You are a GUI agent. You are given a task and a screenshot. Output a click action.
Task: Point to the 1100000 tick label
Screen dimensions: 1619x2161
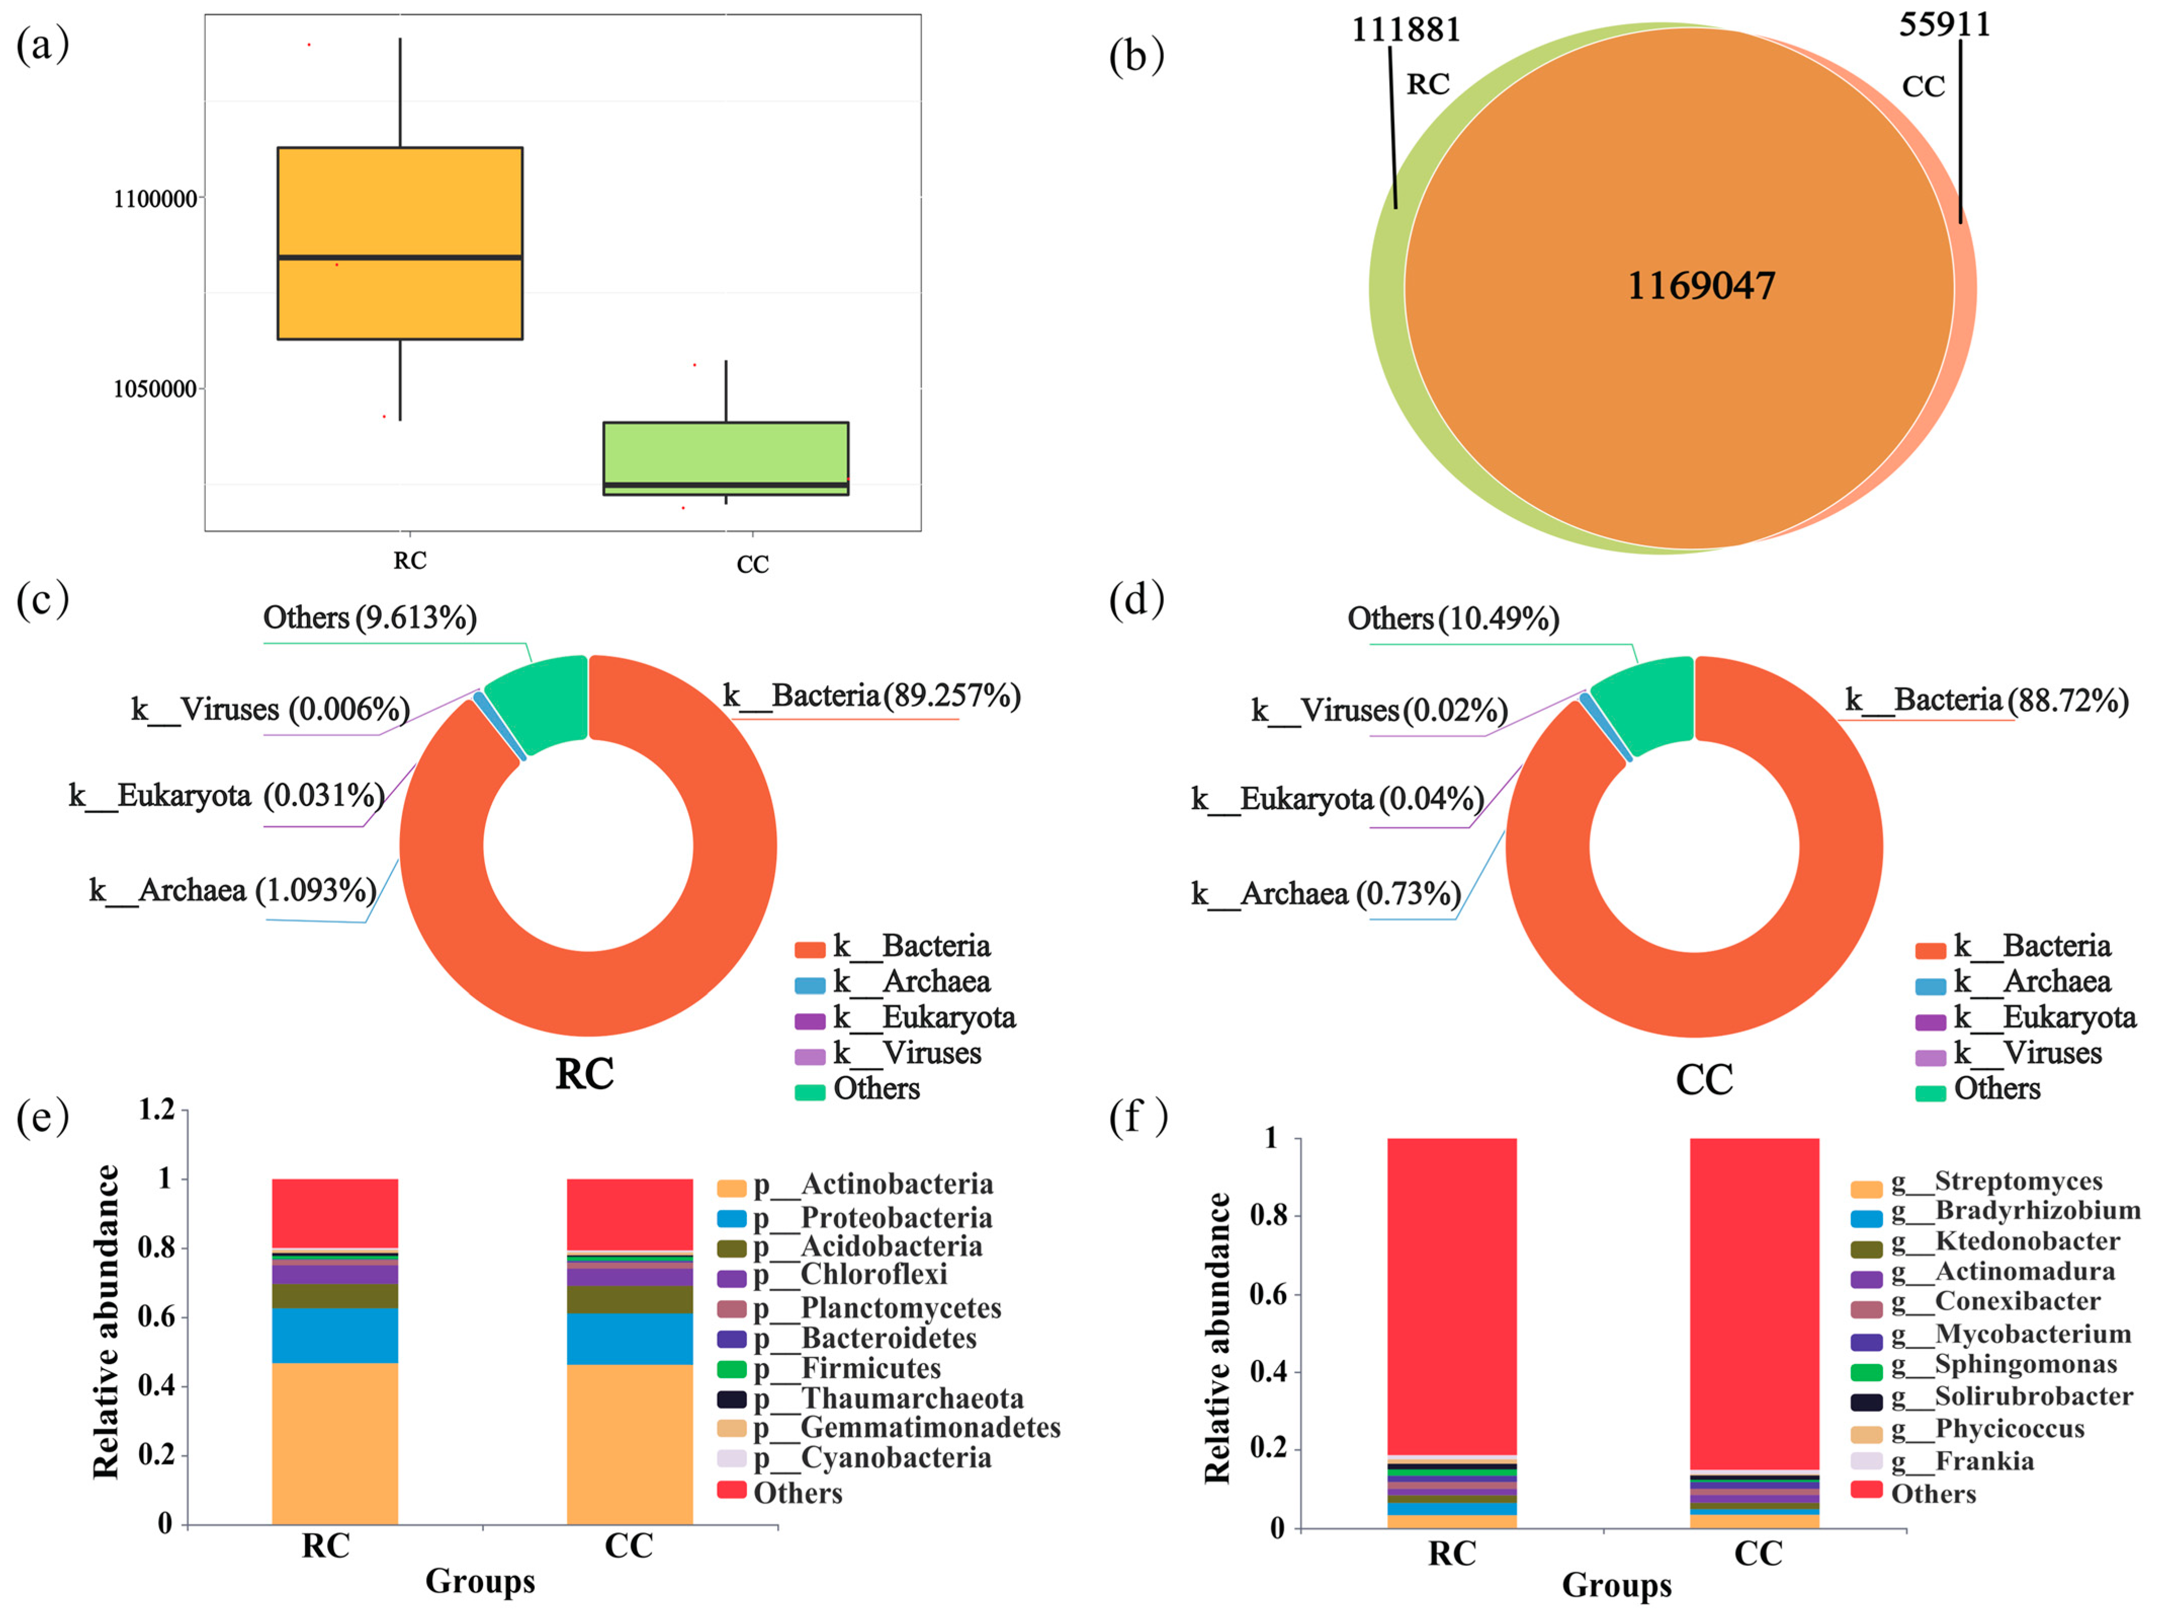pyautogui.click(x=154, y=199)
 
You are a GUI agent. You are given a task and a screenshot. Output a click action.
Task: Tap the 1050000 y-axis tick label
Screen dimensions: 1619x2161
pyautogui.click(x=154, y=389)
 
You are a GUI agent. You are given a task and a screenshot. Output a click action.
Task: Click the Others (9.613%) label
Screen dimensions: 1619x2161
pyautogui.click(x=369, y=618)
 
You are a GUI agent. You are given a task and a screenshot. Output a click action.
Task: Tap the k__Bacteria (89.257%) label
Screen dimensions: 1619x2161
pyautogui.click(x=871, y=696)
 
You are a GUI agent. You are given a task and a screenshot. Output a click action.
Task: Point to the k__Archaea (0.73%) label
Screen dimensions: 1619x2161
pyautogui.click(x=1326, y=893)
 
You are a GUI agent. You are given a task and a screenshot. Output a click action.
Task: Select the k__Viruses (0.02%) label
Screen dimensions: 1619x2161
pyautogui.click(x=1380, y=710)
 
